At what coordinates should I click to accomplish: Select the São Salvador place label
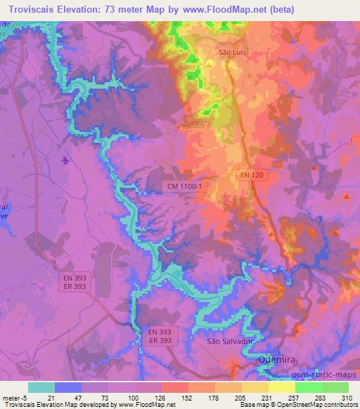[229, 341]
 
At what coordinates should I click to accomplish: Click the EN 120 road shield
[251, 174]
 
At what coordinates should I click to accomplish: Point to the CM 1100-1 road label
[185, 186]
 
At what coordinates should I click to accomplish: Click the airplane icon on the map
[65, 161]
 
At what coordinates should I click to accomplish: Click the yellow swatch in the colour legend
[281, 387]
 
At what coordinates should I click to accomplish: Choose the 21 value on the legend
[52, 397]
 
